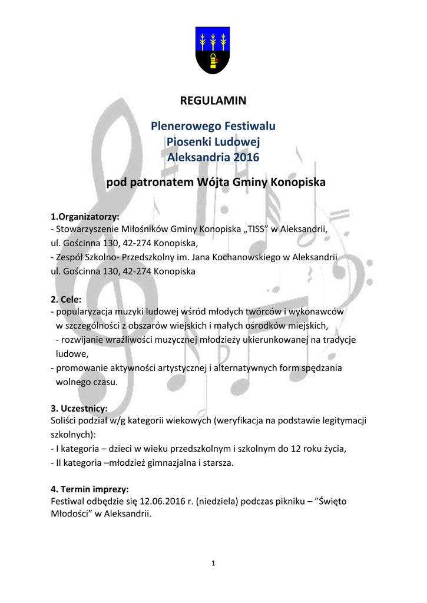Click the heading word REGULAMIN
213,101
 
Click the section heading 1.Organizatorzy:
85,216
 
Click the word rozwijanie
81,340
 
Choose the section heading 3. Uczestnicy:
79,408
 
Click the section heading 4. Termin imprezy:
90,489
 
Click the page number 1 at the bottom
213,564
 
